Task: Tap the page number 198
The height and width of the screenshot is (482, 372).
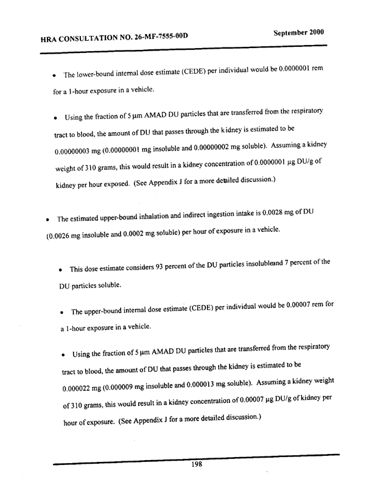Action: click(x=196, y=464)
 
